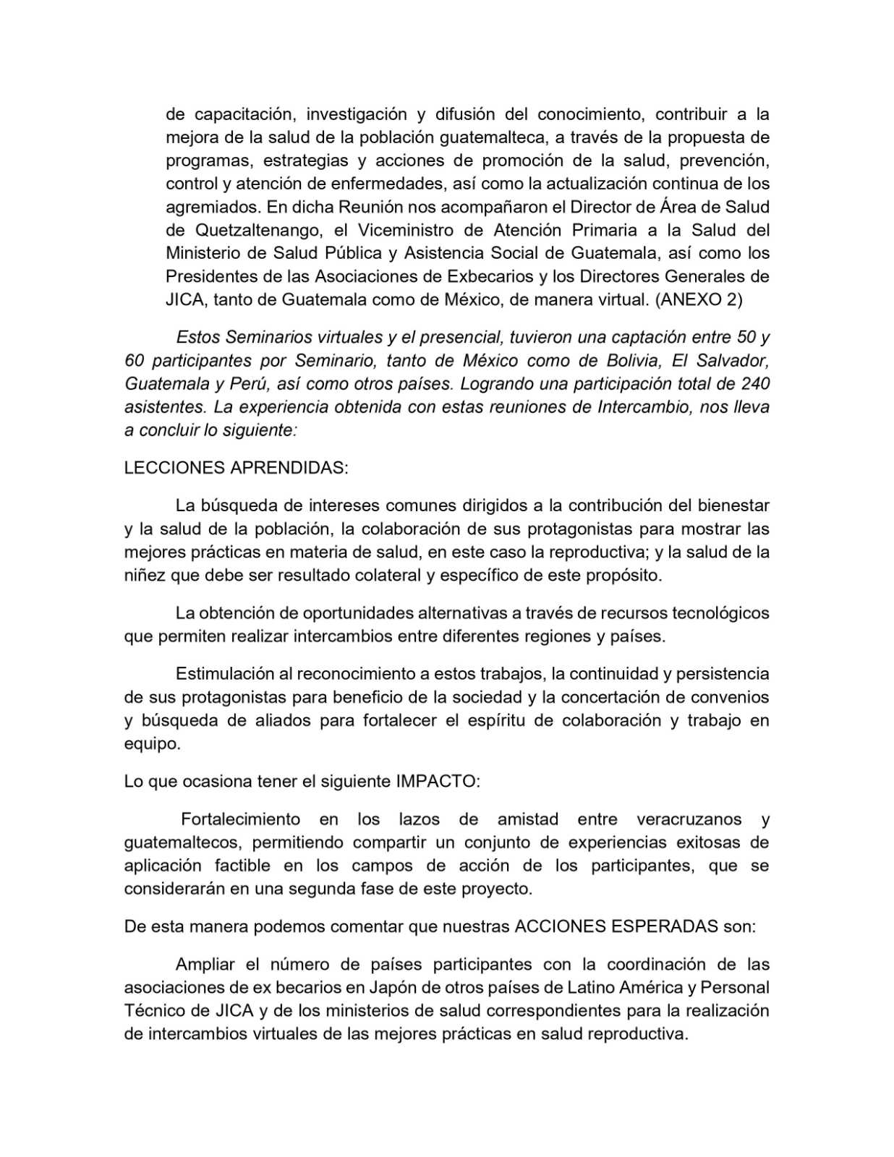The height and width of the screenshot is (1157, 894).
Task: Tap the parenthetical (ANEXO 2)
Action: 699,299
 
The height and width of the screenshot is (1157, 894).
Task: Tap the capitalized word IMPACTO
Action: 437,782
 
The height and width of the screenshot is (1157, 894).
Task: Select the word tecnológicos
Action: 720,613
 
